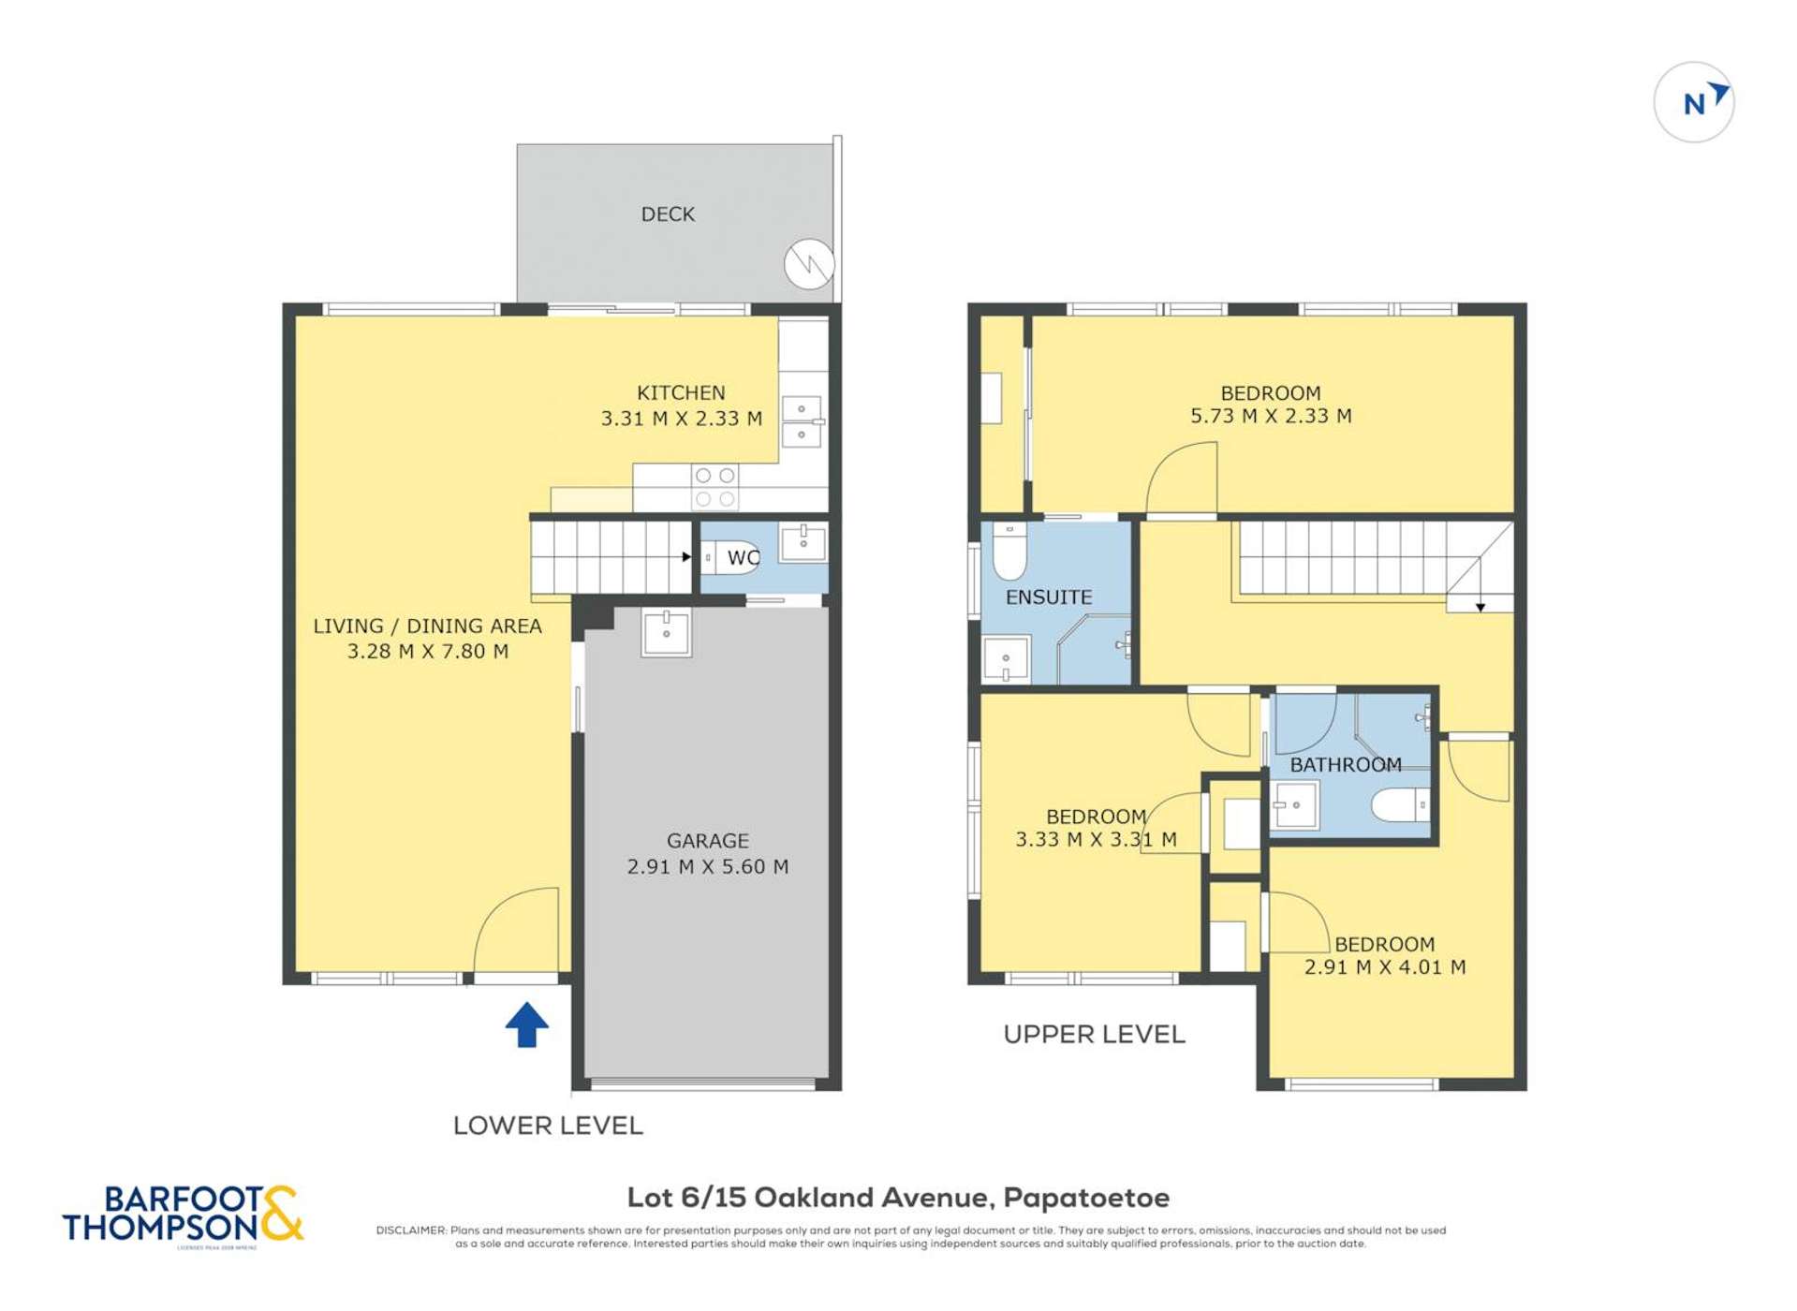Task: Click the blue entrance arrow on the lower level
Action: tap(526, 1024)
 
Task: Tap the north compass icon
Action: tap(1693, 102)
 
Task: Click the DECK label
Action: tap(668, 214)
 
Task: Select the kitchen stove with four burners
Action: tap(714, 488)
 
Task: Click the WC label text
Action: tap(743, 558)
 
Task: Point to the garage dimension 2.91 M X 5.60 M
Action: tap(707, 867)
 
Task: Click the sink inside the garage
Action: tap(666, 632)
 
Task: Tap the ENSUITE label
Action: tap(1048, 597)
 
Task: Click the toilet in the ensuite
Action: tap(1009, 552)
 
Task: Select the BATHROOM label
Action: tap(1345, 765)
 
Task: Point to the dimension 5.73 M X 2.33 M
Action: tap(1270, 417)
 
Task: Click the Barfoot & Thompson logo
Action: tap(183, 1215)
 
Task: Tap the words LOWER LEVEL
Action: tap(548, 1126)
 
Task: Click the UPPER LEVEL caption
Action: tap(1094, 1035)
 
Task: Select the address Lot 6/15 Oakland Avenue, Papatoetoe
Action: tap(897, 1198)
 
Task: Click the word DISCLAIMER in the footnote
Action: tap(411, 1230)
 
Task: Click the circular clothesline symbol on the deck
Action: tap(808, 264)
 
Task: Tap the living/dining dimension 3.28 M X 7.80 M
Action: tap(428, 652)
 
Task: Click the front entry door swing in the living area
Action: tap(518, 930)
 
